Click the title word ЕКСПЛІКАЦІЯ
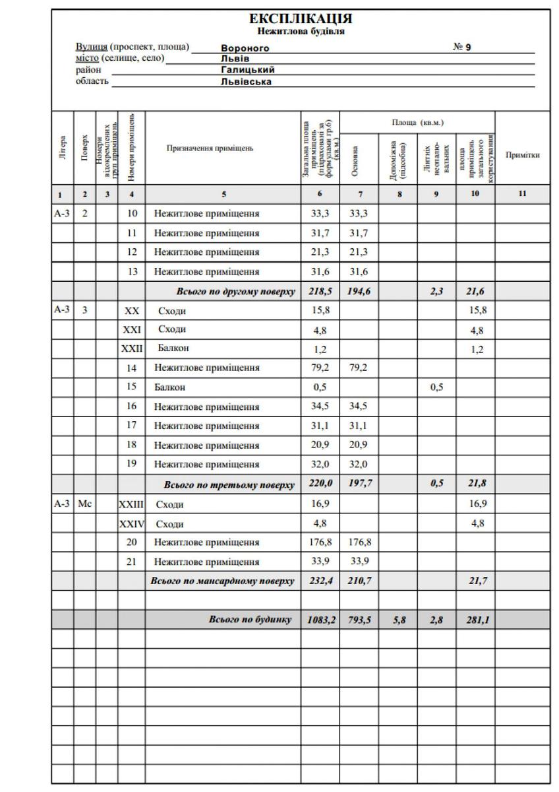pos(301,18)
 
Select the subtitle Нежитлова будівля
pos(301,31)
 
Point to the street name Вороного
pos(245,48)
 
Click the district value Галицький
pos(248,69)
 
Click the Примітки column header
pos(522,155)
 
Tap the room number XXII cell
pos(131,348)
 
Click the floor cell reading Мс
pos(85,505)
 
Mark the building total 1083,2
pos(321,620)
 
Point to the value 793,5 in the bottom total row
pos(359,620)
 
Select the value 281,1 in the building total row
pos(475,620)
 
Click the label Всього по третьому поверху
pos(229,485)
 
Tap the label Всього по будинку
pos(250,620)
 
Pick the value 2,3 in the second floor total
pos(436,290)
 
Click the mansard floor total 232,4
pos(321,581)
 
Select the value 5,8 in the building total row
pos(397,620)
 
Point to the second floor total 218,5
pos(321,290)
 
